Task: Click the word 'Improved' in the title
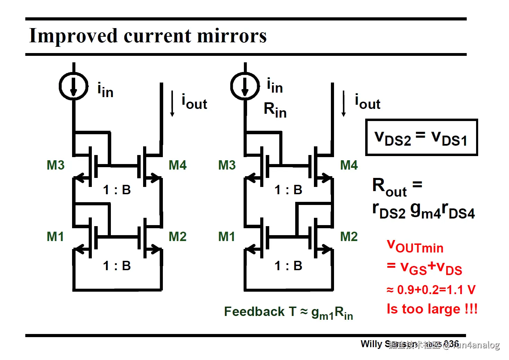pos(73,36)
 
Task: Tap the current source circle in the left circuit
pos(73,86)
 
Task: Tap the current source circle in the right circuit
pos(245,86)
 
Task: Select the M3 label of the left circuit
pos(55,165)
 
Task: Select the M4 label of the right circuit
pos(349,165)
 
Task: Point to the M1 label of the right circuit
pos(227,237)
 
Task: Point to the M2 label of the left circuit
pos(177,237)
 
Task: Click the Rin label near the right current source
pos(275,110)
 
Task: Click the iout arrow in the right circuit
pos(344,103)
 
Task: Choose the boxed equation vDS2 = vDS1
pos(421,137)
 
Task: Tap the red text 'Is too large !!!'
pos(432,309)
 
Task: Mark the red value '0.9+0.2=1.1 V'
pos(436,290)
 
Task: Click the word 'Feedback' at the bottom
pos(254,311)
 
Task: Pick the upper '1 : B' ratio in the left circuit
pos(117,190)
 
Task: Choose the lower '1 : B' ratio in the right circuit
pos(288,266)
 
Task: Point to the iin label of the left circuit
pos(105,90)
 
